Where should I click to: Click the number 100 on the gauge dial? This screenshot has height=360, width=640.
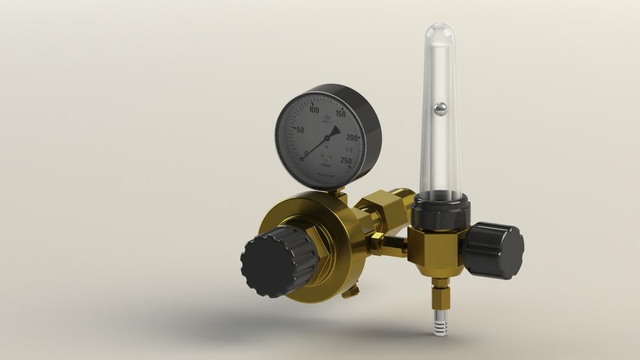tap(314, 110)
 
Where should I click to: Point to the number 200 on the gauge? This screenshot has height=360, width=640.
tap(352, 137)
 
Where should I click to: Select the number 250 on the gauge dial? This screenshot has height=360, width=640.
tap(346, 160)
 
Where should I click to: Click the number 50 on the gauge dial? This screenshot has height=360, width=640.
tap(300, 130)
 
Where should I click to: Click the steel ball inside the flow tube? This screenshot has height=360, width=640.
tap(440, 108)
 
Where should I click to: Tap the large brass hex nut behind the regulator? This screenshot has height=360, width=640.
tap(383, 208)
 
